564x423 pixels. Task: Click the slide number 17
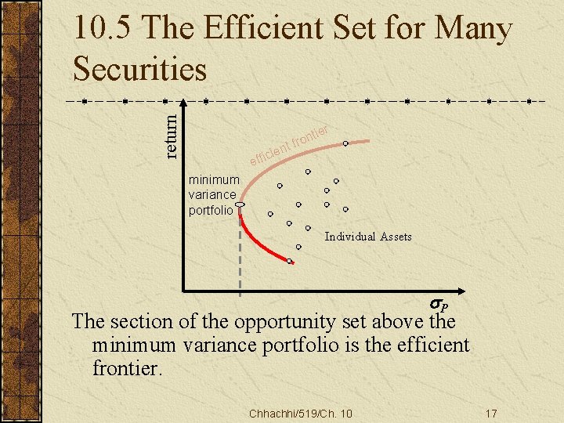coord(492,413)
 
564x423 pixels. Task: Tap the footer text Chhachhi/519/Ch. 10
coord(300,413)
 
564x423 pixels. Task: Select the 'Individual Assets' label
coord(368,237)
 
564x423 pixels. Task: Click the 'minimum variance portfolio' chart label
coord(213,195)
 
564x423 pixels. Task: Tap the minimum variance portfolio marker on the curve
coord(240,204)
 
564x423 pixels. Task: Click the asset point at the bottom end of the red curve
coord(290,261)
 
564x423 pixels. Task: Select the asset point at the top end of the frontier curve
coord(345,143)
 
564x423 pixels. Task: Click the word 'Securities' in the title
coord(139,69)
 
